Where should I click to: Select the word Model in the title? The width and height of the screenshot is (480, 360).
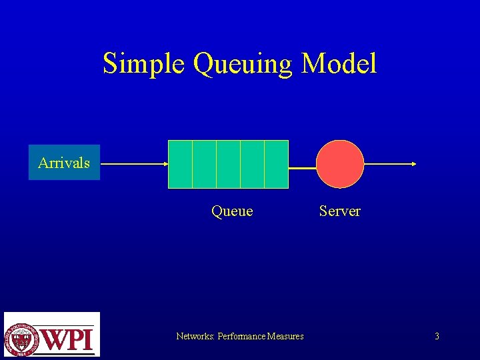coord(339,64)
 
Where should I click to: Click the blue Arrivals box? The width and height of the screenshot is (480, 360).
coord(64,163)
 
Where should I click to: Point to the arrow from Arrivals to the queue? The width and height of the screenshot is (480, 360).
coord(134,163)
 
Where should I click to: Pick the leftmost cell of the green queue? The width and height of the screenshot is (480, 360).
coord(180,164)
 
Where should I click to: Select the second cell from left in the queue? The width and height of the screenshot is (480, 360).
coord(204,164)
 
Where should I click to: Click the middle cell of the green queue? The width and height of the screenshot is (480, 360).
coord(228,164)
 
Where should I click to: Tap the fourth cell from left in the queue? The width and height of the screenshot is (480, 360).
coord(252,164)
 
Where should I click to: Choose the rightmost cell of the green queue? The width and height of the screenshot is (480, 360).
coord(276,164)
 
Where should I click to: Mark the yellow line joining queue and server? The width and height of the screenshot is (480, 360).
coord(302,168)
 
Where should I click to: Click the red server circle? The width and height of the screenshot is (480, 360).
coord(340,164)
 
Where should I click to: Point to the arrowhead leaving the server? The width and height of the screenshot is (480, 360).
coord(414,163)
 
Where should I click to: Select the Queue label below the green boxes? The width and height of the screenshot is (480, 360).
coord(232,211)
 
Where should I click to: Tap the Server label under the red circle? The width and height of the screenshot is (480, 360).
coord(339,211)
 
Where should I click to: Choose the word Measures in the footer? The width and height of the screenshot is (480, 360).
coord(285,337)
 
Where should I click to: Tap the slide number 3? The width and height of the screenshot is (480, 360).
coord(437,337)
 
